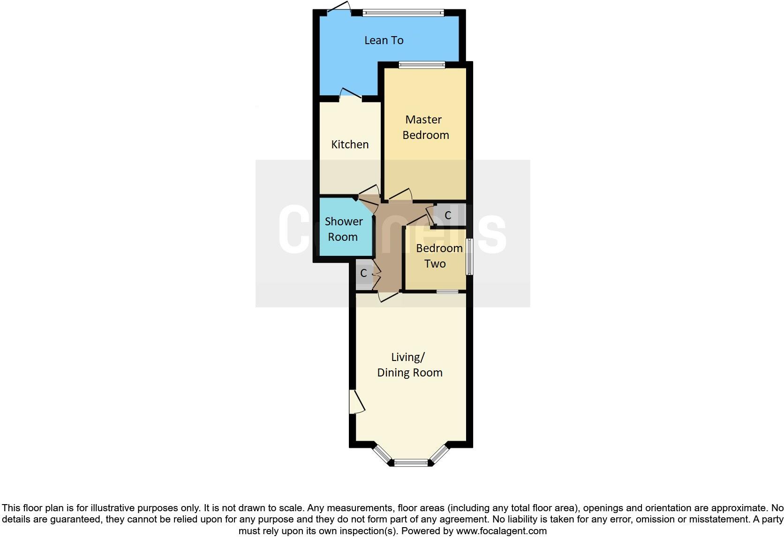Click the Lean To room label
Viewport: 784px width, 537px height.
[x=384, y=40]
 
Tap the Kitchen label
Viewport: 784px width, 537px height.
[x=350, y=145]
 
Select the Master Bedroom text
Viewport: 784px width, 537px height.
[x=425, y=127]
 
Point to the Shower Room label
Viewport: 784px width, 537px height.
[x=343, y=229]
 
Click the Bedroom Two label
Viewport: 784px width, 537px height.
[x=439, y=256]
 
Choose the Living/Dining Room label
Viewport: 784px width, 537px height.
[x=410, y=365]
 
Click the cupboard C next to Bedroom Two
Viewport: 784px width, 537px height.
[x=448, y=215]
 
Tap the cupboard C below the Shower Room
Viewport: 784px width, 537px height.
[x=363, y=273]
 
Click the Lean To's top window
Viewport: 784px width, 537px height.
[x=403, y=13]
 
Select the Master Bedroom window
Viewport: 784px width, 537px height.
[x=422, y=65]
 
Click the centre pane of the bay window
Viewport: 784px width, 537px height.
[x=411, y=463]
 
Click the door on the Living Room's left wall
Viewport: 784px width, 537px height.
[x=356, y=402]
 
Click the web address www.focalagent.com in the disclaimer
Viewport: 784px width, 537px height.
[x=501, y=531]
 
